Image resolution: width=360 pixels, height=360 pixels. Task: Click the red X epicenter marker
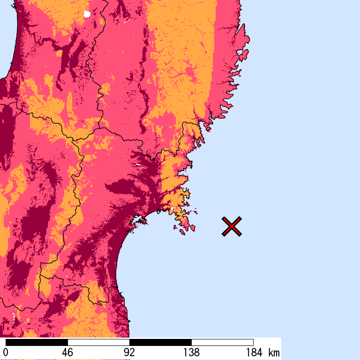(232, 226)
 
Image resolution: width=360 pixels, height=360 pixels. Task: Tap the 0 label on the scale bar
(6, 352)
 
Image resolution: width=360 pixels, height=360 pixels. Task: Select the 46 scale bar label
(67, 352)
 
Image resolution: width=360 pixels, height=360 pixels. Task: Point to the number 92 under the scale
(129, 352)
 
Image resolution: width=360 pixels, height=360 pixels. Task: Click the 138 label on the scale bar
(191, 352)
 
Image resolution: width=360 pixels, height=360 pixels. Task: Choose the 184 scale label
(253, 352)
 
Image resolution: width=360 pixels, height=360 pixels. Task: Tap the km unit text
(274, 352)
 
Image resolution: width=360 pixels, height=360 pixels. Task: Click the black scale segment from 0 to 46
(37, 342)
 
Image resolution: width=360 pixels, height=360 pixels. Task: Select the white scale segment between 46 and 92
(98, 342)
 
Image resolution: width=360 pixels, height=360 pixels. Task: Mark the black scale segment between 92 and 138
(160, 342)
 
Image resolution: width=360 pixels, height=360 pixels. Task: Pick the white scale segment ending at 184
(222, 342)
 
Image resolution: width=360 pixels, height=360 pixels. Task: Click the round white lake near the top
(86, 14)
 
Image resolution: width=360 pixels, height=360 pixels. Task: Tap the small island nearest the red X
(192, 228)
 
